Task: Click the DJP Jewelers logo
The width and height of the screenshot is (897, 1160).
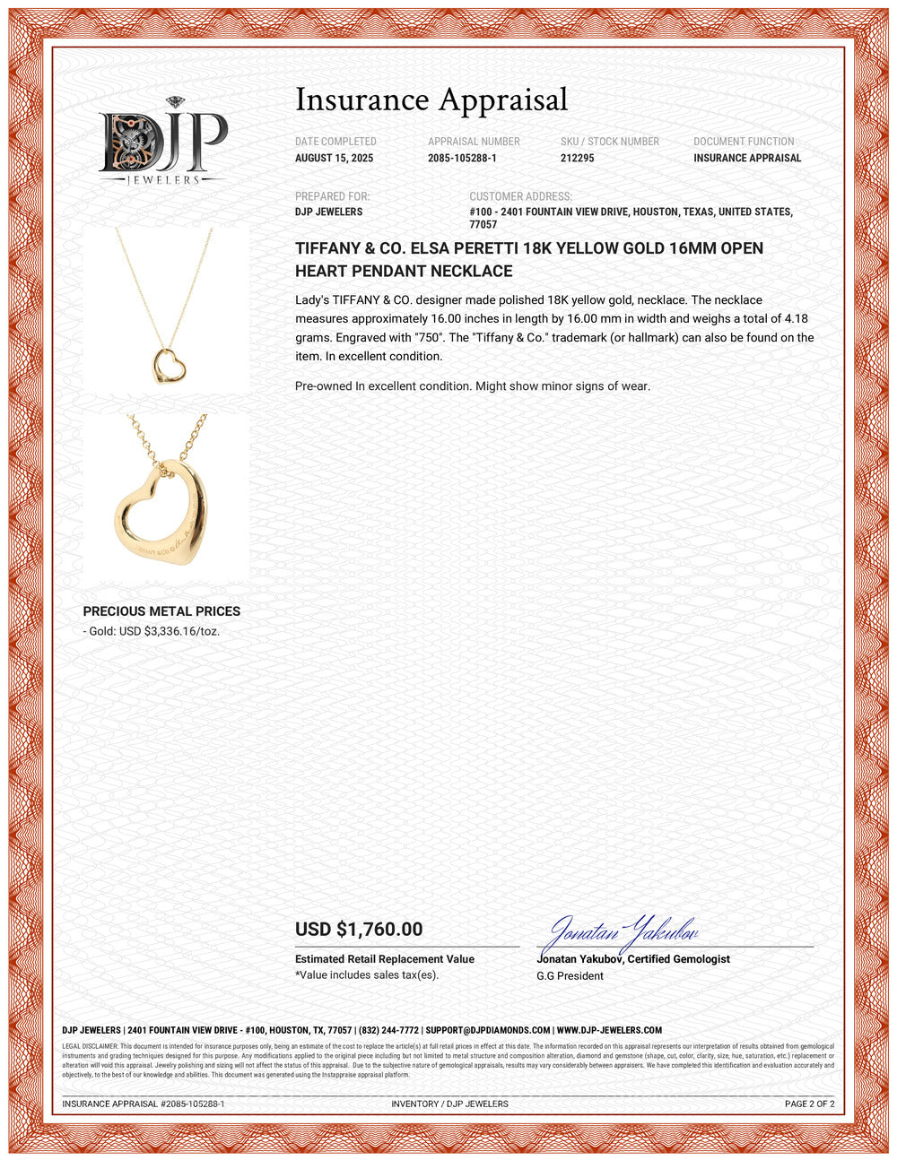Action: pyautogui.click(x=162, y=142)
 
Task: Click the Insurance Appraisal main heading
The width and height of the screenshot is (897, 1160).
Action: pyautogui.click(x=431, y=100)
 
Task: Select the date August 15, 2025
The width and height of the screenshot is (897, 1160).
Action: pyautogui.click(x=334, y=159)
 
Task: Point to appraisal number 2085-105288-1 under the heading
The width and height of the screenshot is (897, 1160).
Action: pyautogui.click(x=462, y=159)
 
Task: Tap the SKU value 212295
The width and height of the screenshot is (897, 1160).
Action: pyautogui.click(x=577, y=159)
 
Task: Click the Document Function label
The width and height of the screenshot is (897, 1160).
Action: pyautogui.click(x=744, y=142)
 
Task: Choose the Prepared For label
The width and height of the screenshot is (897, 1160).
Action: pyautogui.click(x=332, y=196)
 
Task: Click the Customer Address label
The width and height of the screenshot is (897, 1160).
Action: pyautogui.click(x=520, y=196)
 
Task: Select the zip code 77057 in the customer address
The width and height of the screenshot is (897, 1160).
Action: pyautogui.click(x=483, y=225)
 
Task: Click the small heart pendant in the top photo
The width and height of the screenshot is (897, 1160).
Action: pyautogui.click(x=166, y=365)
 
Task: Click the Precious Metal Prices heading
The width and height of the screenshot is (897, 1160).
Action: pyautogui.click(x=161, y=611)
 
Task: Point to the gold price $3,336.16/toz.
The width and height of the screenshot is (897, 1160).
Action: pyautogui.click(x=182, y=631)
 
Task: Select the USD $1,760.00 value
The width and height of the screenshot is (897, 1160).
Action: pyautogui.click(x=359, y=930)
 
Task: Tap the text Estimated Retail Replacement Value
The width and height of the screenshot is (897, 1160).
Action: pyautogui.click(x=385, y=959)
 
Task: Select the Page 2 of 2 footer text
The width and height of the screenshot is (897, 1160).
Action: pyautogui.click(x=809, y=1104)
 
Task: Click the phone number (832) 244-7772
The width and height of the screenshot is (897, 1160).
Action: pyautogui.click(x=388, y=1031)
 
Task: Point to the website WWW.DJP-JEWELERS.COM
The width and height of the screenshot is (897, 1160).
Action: pyautogui.click(x=609, y=1031)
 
